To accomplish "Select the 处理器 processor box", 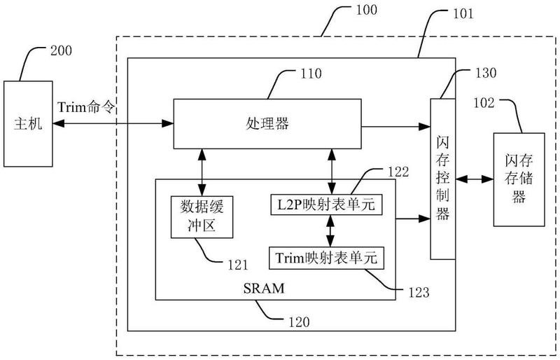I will click(269, 124).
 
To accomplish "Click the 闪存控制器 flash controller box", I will click(442, 179).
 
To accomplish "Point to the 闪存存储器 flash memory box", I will click(518, 179).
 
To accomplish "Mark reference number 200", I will click(61, 50).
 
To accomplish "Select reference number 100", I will click(365, 11).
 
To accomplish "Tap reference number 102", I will click(483, 103).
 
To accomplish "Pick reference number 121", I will click(237, 265).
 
